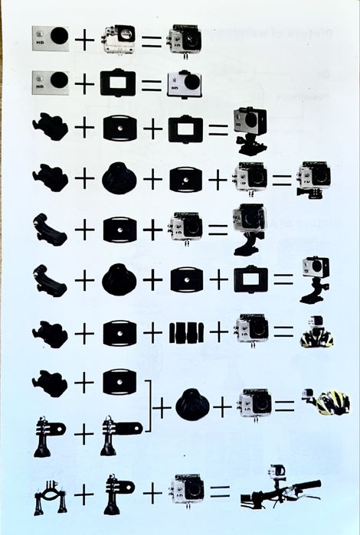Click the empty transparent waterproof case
coord(119,38)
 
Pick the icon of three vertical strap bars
coord(186,332)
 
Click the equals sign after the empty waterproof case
coord(152,39)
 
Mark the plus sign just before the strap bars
coord(152,332)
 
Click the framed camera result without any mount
coord(184,83)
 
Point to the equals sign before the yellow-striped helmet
coord(286,406)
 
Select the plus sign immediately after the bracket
coord(162,407)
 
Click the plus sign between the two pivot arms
coord(83,434)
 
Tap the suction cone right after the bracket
coord(191,405)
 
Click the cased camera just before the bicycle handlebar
coord(186,490)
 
